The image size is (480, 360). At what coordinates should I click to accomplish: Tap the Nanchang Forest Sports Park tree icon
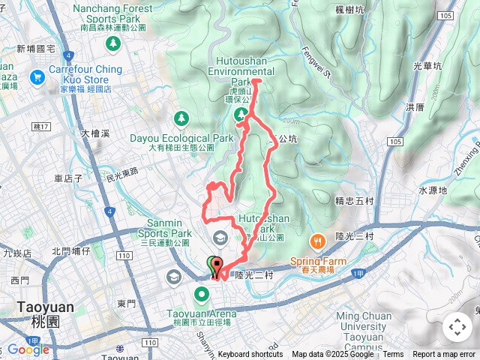(112, 43)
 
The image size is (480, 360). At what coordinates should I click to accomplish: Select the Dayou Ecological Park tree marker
(181, 118)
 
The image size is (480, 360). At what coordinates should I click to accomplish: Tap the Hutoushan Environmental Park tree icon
(241, 115)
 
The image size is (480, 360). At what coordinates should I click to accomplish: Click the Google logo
(28, 349)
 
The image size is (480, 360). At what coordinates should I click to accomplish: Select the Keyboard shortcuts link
(250, 355)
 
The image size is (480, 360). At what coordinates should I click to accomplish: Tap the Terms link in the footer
(393, 355)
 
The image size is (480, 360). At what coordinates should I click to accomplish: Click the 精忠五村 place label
(355, 200)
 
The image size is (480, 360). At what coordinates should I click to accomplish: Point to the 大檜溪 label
(95, 133)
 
